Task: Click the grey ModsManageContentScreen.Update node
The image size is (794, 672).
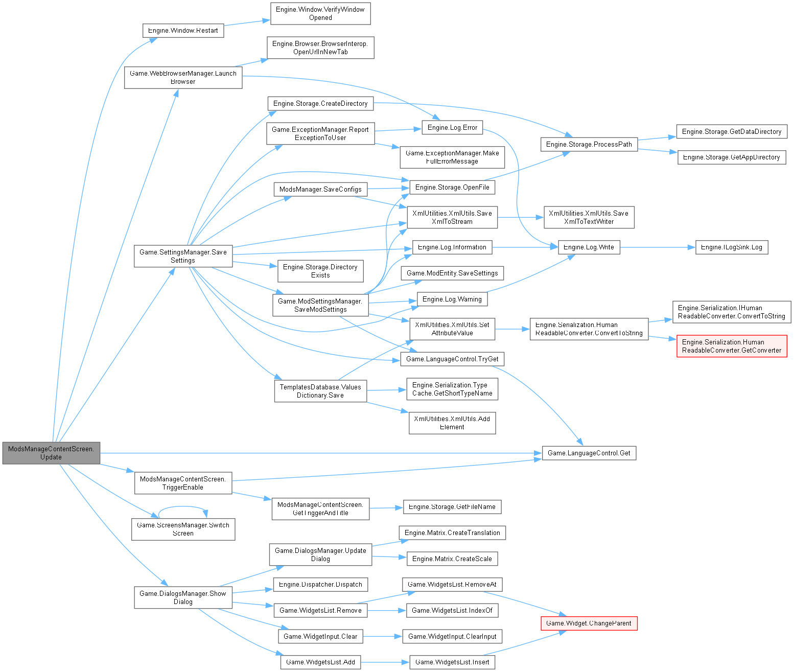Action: pyautogui.click(x=51, y=453)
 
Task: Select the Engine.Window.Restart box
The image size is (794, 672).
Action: pyautogui.click(x=183, y=31)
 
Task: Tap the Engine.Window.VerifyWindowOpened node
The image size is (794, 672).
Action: pyautogui.click(x=320, y=13)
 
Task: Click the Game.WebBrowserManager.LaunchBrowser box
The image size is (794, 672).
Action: pyautogui.click(x=183, y=77)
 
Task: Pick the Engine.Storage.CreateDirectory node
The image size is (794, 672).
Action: pyautogui.click(x=320, y=103)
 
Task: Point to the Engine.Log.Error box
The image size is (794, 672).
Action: pyautogui.click(x=452, y=127)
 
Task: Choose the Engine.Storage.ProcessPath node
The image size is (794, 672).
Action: pyautogui.click(x=589, y=144)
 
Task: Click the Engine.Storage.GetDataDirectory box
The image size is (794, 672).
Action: pyautogui.click(x=731, y=131)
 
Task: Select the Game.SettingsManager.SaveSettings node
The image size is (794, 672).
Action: pyautogui.click(x=183, y=256)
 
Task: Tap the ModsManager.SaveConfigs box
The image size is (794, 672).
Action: pyautogui.click(x=320, y=189)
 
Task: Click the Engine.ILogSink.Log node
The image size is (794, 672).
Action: pyautogui.click(x=731, y=247)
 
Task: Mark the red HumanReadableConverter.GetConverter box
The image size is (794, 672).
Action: pyautogui.click(x=731, y=346)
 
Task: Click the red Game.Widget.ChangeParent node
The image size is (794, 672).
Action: pyautogui.click(x=589, y=623)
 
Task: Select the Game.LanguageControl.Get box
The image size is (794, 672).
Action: pyautogui.click(x=589, y=453)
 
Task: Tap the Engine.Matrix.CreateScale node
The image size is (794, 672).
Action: pyautogui.click(x=452, y=559)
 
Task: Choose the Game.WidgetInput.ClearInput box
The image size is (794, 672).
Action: pyautogui.click(x=452, y=636)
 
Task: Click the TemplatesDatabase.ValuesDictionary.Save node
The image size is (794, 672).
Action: pyautogui.click(x=320, y=391)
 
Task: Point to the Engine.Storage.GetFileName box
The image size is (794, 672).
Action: pyautogui.click(x=452, y=506)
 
